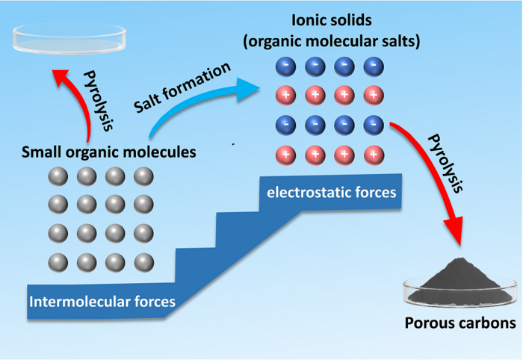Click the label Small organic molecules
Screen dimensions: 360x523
point(108,153)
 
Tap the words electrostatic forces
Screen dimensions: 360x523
point(330,193)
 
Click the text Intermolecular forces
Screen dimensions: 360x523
point(93,302)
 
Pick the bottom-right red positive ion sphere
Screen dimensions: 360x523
point(371,155)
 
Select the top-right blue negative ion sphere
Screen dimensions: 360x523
point(371,66)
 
